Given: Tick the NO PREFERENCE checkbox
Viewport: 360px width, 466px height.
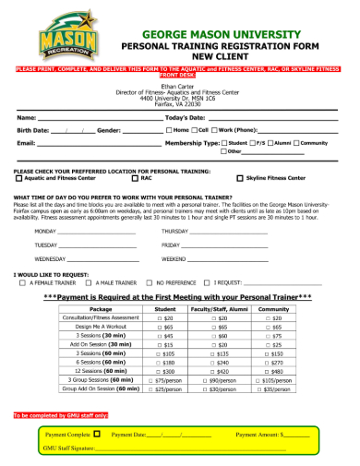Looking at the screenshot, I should tap(150, 283).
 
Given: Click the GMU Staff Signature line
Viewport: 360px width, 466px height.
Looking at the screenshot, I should tap(185, 448).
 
